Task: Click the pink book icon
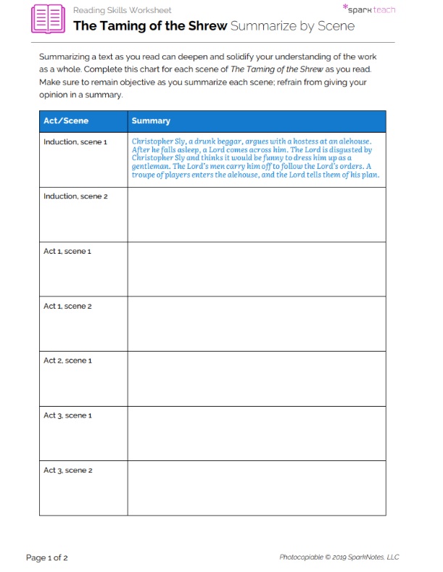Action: pyautogui.click(x=47, y=19)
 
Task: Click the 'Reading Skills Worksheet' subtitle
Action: pyautogui.click(x=122, y=10)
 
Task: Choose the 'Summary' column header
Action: pyautogui.click(x=151, y=121)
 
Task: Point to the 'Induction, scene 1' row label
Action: pyautogui.click(x=75, y=141)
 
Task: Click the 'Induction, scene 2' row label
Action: pyautogui.click(x=75, y=196)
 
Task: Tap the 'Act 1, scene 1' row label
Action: pyautogui.click(x=67, y=251)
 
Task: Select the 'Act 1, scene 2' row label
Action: pyautogui.click(x=67, y=306)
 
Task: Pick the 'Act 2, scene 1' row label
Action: pyautogui.click(x=67, y=360)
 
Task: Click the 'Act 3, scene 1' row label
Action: pyautogui.click(x=67, y=415)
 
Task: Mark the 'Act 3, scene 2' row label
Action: pyautogui.click(x=67, y=471)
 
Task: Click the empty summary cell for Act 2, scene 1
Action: pyautogui.click(x=257, y=378)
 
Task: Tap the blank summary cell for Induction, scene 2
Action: pyautogui.click(x=257, y=215)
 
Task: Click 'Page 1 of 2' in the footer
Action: pyautogui.click(x=47, y=558)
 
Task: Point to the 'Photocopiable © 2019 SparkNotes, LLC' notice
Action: pyautogui.click(x=339, y=558)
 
